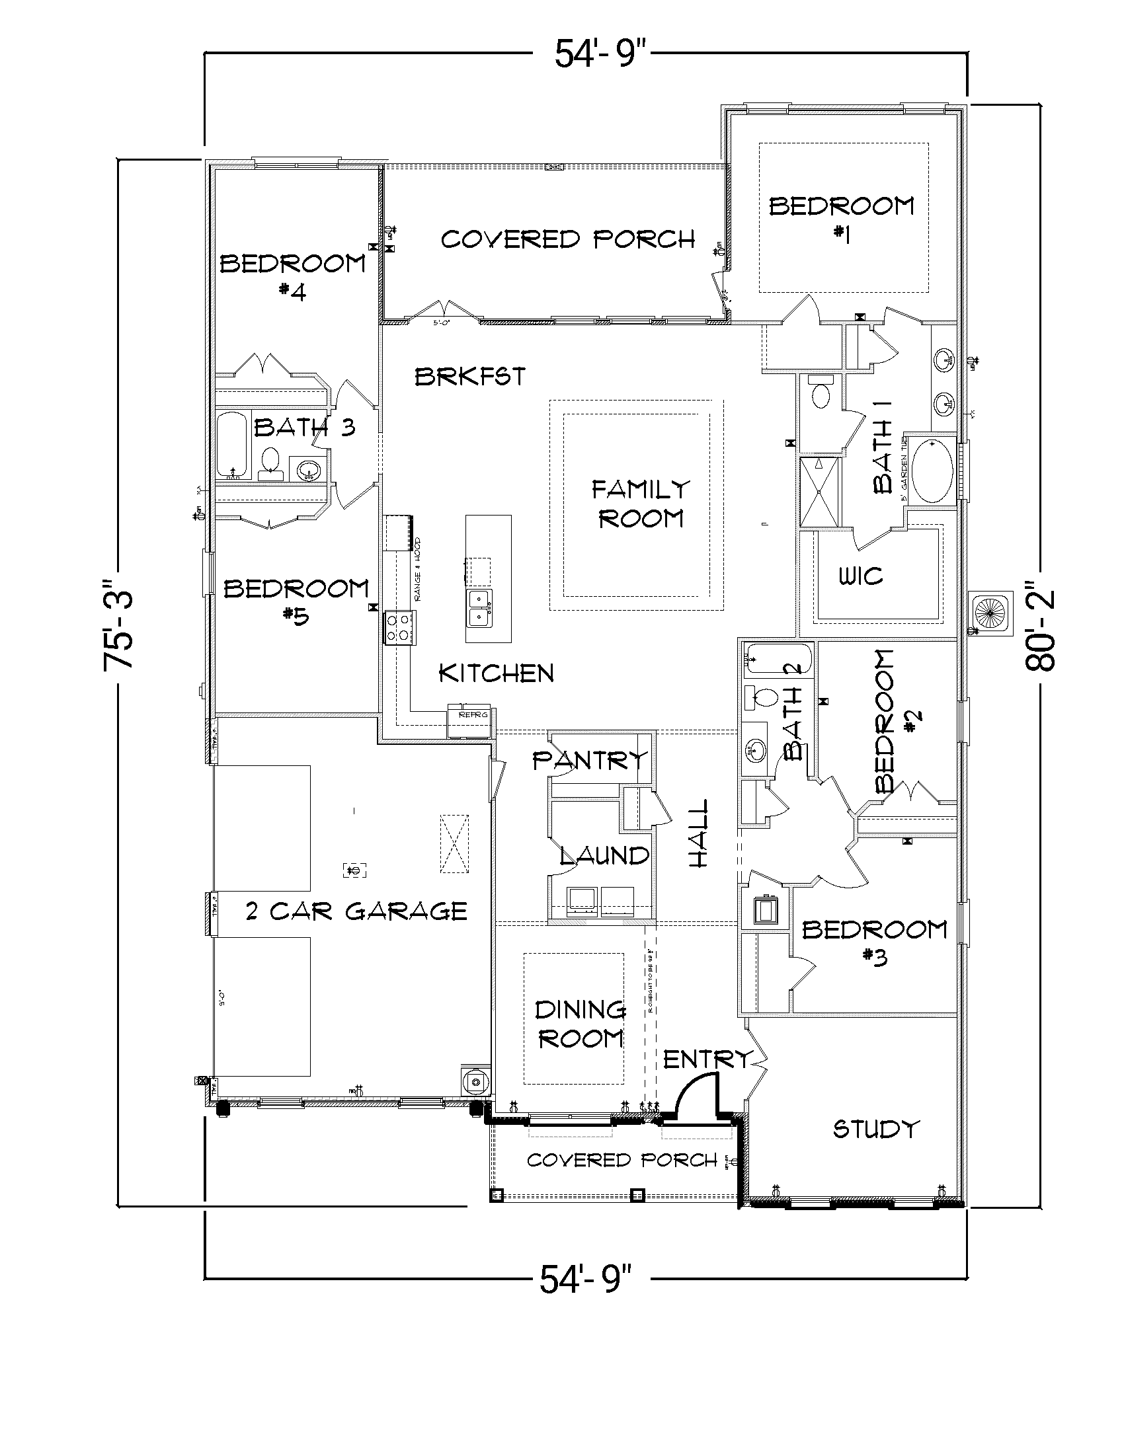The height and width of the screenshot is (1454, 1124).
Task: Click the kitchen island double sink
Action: (479, 607)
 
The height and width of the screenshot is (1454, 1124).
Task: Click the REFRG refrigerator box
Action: (469, 721)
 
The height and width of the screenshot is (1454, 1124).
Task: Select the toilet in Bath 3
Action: (270, 461)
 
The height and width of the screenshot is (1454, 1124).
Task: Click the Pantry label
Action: (589, 759)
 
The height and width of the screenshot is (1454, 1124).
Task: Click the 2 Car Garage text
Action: (356, 911)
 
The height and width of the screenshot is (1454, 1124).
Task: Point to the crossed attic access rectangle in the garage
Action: (454, 843)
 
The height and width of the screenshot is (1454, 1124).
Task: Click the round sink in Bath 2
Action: (756, 750)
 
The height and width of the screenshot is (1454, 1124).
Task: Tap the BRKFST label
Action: (470, 377)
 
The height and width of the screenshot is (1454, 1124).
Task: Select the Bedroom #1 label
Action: (842, 218)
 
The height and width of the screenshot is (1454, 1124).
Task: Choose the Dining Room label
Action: (579, 1024)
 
